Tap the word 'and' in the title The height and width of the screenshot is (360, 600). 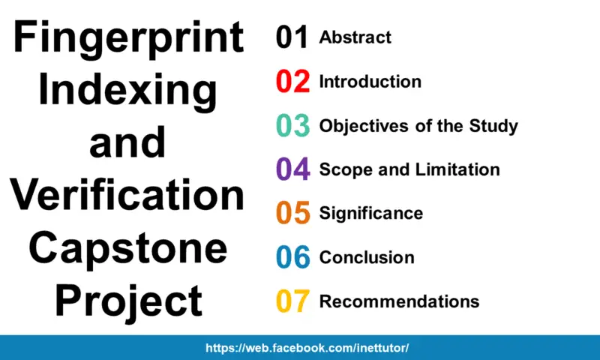click(127, 142)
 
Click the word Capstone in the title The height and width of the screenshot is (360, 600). click(127, 247)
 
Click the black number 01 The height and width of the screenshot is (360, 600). click(292, 37)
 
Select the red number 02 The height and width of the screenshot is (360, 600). click(292, 82)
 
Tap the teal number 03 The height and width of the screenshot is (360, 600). click(292, 126)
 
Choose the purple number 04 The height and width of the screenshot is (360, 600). click(292, 169)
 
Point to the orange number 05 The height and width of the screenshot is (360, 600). click(292, 214)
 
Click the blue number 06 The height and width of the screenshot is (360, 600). click(292, 258)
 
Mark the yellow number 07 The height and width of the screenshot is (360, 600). click(292, 301)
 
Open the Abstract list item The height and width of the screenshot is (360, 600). click(355, 37)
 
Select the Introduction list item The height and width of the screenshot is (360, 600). click(370, 82)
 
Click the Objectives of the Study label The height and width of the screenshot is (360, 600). click(418, 126)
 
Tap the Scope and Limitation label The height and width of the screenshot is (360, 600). click(409, 169)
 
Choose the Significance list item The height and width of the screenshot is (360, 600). click(370, 214)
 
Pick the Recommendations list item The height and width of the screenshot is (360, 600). click(399, 301)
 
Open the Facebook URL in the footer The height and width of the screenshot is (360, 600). click(307, 348)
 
